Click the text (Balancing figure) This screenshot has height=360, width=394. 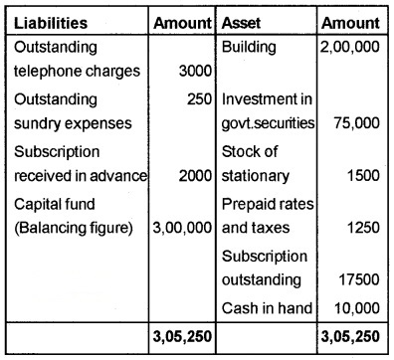point(63,228)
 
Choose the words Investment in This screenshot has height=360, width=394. point(266,98)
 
